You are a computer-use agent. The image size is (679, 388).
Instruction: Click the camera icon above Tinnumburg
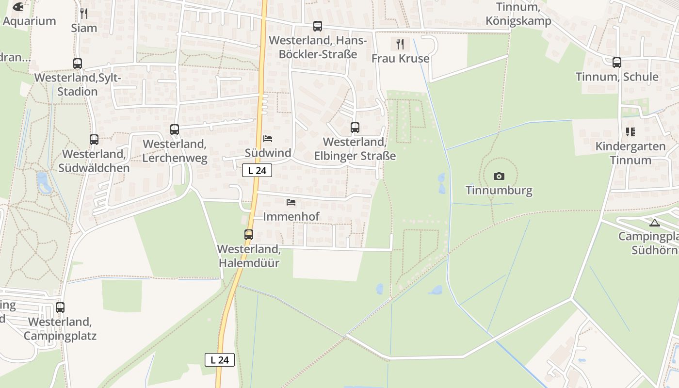pyautogui.click(x=499, y=176)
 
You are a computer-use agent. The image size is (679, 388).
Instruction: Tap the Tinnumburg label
pyautogui.click(x=499, y=190)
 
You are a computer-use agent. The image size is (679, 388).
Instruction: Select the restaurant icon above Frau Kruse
pyautogui.click(x=400, y=44)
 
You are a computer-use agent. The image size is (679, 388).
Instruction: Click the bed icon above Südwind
pyautogui.click(x=268, y=139)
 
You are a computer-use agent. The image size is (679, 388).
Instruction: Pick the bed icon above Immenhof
pyautogui.click(x=291, y=202)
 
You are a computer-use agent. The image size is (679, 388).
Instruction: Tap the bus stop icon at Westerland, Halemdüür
pyautogui.click(x=249, y=235)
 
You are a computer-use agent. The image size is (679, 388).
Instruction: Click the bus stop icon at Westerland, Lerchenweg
pyautogui.click(x=175, y=129)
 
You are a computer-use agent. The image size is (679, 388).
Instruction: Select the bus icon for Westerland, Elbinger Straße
pyautogui.click(x=355, y=128)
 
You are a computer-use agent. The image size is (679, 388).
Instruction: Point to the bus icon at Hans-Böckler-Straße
pyautogui.click(x=318, y=26)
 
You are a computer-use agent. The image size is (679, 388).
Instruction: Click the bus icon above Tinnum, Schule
pyautogui.click(x=617, y=63)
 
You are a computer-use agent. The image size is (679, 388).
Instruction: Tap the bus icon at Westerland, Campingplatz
pyautogui.click(x=60, y=307)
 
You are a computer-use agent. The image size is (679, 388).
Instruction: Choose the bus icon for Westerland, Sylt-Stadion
pyautogui.click(x=78, y=64)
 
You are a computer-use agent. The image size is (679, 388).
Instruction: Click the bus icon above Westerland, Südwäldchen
pyautogui.click(x=94, y=140)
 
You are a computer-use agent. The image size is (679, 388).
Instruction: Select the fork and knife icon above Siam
pyautogui.click(x=84, y=13)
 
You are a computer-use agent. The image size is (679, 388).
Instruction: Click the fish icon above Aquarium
pyautogui.click(x=18, y=7)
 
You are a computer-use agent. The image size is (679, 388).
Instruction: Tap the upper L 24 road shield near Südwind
pyautogui.click(x=257, y=170)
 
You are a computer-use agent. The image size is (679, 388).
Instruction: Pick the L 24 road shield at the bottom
pyautogui.click(x=220, y=360)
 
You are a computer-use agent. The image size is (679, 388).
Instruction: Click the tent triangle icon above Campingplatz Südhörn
pyautogui.click(x=655, y=223)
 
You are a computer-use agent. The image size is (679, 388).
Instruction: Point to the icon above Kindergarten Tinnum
pyautogui.click(x=630, y=132)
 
